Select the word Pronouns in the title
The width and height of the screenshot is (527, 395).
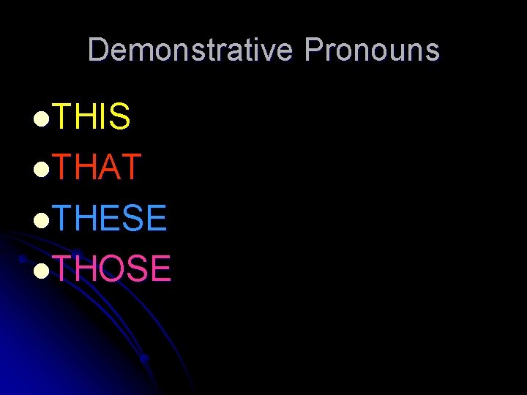coord(372,50)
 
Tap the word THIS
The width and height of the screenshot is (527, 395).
coord(92,117)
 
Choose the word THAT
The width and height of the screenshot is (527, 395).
coord(97,168)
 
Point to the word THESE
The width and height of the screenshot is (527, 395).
coord(111,218)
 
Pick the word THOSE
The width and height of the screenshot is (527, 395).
coord(112,268)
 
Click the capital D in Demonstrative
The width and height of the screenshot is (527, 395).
coord(98,50)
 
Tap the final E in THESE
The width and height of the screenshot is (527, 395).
coord(157,218)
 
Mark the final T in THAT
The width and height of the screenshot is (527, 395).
coord(130,168)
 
